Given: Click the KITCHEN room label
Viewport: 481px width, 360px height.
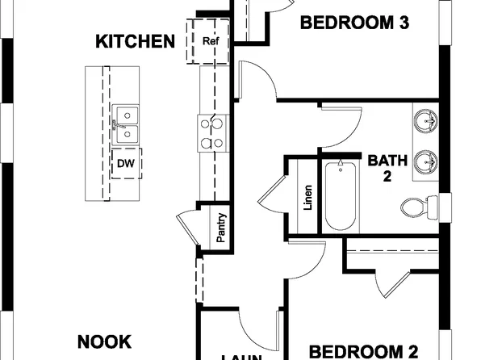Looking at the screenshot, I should [136, 41].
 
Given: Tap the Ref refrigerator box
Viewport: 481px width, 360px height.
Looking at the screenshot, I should [210, 41].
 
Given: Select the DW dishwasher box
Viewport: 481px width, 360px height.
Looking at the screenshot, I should [125, 163].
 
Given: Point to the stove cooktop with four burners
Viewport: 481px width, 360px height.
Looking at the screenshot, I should [213, 133].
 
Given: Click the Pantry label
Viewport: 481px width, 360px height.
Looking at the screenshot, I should [221, 228].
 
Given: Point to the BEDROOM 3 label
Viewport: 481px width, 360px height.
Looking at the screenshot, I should [353, 23].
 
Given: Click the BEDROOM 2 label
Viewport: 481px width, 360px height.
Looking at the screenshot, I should [364, 350].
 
